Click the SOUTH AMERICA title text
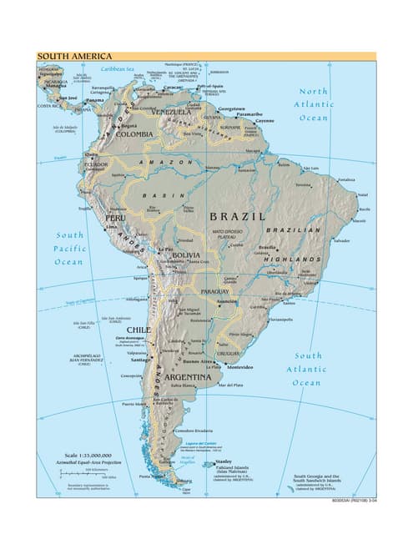[x=73, y=57]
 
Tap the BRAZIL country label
[x=237, y=216]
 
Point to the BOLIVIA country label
[x=186, y=254]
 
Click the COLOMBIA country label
[x=133, y=133]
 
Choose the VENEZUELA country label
[x=170, y=111]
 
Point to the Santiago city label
[x=140, y=360]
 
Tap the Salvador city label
[x=341, y=240]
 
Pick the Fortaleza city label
[x=347, y=179]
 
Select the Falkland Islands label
[x=233, y=468]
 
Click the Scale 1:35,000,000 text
[x=75, y=455]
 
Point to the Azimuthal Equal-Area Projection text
[x=77, y=462]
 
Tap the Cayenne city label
[x=265, y=121]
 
